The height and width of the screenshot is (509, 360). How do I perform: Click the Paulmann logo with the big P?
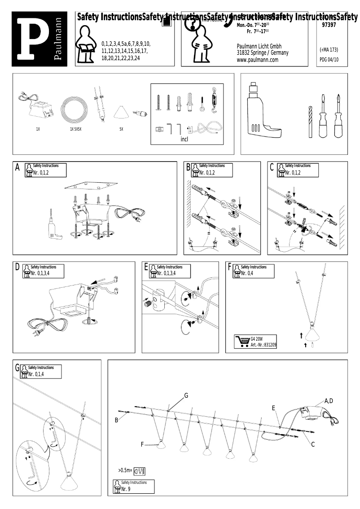click(40, 39)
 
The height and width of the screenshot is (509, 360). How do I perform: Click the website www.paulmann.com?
click(257, 60)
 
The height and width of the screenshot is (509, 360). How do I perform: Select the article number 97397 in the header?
click(329, 26)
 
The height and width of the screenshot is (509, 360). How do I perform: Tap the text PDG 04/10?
click(329, 59)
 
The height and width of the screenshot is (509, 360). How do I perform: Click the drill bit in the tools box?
click(310, 122)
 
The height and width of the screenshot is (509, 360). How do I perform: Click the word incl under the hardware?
click(184, 139)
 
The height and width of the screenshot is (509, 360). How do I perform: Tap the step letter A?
click(18, 167)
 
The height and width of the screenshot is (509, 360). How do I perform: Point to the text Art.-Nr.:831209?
click(263, 345)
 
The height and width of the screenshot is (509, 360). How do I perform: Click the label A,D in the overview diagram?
click(329, 401)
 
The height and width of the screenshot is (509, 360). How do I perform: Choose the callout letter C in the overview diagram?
click(313, 444)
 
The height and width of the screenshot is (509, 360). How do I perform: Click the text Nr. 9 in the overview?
click(126, 489)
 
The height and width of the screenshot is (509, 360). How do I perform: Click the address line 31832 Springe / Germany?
click(263, 53)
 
